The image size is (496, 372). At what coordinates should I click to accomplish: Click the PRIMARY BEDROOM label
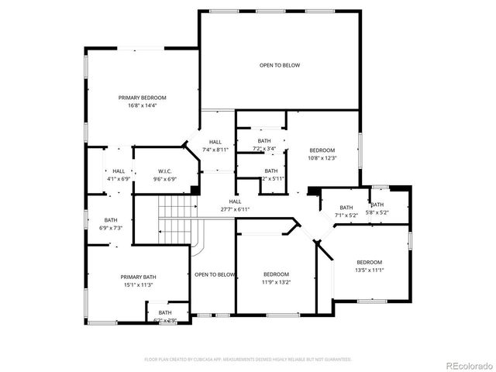[142, 98]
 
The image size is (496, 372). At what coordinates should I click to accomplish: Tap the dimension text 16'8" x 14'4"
[142, 105]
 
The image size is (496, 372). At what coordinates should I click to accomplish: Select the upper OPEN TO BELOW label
[279, 65]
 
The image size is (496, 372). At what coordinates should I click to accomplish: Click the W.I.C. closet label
[164, 171]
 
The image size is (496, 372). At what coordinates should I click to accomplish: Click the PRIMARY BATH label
[138, 277]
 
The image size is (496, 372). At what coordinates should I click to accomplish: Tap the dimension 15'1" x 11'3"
[138, 284]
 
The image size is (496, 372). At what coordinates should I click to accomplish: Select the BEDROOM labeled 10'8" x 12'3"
[322, 150]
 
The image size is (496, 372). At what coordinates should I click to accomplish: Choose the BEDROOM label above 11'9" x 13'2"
[276, 274]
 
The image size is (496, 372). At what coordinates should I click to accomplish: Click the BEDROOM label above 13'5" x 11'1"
[369, 262]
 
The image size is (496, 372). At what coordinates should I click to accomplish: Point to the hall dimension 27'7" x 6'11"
[235, 209]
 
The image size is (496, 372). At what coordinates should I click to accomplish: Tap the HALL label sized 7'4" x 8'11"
[215, 141]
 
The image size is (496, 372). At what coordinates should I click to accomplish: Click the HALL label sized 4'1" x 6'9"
[119, 171]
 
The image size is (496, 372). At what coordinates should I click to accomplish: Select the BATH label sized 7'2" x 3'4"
[264, 141]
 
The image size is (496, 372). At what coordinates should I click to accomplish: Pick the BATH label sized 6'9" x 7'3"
[111, 219]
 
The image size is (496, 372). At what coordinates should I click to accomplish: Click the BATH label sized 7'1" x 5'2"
[346, 207]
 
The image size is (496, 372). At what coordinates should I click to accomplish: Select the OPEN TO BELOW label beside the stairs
[215, 274]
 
